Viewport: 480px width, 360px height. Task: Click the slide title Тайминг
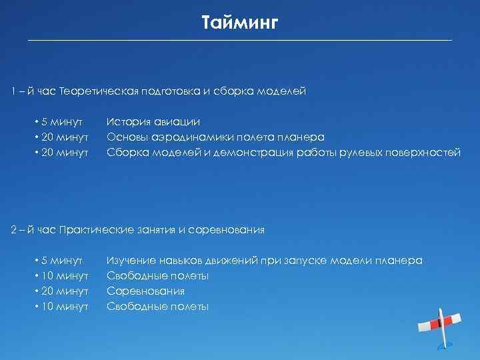[239, 23]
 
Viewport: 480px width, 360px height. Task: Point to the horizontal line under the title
[239, 41]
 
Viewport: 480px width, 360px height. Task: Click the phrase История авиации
[153, 122]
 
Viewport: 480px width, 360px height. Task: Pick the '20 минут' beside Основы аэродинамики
[63, 137]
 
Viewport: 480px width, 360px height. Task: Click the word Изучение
[131, 261]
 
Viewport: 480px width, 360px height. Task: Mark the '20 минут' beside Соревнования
[63, 291]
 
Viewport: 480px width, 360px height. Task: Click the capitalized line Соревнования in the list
[145, 291]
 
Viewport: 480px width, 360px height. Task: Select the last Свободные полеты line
[157, 307]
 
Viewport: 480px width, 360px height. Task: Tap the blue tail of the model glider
[448, 345]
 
